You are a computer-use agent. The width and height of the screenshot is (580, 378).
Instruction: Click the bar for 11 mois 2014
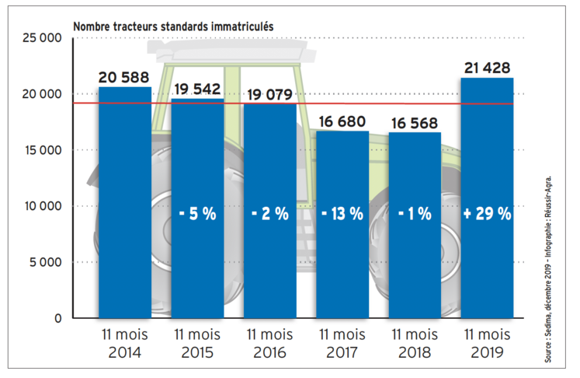point(125,202)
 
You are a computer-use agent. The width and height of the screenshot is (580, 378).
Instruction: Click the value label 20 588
point(125,77)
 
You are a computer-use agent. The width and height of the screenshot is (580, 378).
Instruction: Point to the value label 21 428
point(487,68)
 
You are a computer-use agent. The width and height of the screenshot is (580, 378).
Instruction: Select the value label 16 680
point(342,121)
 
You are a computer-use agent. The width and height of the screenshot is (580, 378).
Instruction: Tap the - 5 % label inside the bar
point(197,214)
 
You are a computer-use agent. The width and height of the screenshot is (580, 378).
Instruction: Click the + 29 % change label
point(487,214)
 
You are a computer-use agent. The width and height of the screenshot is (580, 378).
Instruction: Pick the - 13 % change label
point(342,214)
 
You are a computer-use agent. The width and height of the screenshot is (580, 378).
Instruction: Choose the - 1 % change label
point(415,214)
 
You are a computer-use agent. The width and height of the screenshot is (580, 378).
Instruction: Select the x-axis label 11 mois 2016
point(270,343)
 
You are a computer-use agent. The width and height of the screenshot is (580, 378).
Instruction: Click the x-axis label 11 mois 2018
point(415,343)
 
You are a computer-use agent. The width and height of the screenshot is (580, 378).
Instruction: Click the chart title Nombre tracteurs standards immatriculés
point(172,25)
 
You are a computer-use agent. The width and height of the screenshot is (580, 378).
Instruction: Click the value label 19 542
point(197,89)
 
